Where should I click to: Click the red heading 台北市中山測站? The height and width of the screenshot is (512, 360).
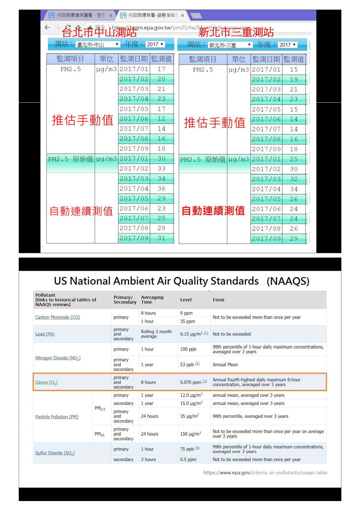(x=99, y=32)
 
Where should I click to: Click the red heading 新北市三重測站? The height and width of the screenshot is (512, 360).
(x=236, y=32)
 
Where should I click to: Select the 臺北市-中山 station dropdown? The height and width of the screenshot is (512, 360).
(x=97, y=44)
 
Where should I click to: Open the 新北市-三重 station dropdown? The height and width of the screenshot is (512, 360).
(x=230, y=45)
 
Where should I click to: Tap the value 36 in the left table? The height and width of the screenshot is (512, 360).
(x=161, y=188)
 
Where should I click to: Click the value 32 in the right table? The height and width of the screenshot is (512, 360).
(x=294, y=179)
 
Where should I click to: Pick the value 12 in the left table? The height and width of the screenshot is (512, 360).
(x=161, y=119)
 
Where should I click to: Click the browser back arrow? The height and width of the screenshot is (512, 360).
(x=47, y=27)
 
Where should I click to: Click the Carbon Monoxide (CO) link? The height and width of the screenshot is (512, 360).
(x=57, y=317)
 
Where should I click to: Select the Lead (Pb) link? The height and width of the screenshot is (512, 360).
(x=45, y=334)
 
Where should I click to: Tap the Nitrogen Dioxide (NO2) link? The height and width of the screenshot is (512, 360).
(x=58, y=358)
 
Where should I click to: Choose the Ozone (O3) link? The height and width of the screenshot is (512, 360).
(x=46, y=382)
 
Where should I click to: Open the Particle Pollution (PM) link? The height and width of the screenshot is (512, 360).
(x=57, y=417)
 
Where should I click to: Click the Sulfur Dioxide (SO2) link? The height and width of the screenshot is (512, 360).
(x=55, y=453)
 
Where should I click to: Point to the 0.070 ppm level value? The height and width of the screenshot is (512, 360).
(x=191, y=382)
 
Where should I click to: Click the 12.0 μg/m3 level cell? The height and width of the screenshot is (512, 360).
(x=191, y=395)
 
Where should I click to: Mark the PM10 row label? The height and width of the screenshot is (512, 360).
(x=99, y=434)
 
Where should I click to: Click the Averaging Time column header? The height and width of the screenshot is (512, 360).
(x=152, y=299)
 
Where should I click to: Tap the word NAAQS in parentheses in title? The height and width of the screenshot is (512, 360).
(x=288, y=281)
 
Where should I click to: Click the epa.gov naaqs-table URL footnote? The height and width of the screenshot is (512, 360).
(x=265, y=473)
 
